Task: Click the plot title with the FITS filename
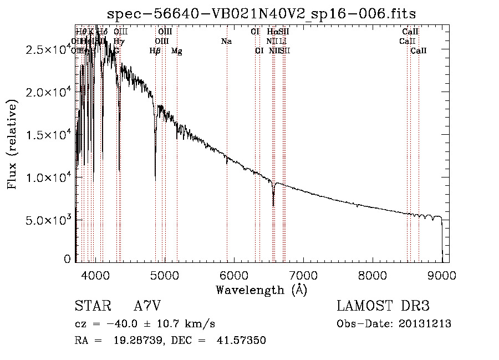coord(262,13)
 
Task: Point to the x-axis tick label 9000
coord(442,275)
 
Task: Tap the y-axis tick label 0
coord(68,259)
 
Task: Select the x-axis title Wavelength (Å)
coord(261,290)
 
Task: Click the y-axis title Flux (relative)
coord(12,144)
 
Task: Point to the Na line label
coord(226,41)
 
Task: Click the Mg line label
coord(177,51)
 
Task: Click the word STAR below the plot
coord(91,306)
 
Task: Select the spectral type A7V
coord(147,306)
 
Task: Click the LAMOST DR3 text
coord(383,306)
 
